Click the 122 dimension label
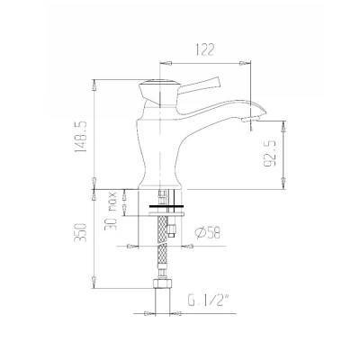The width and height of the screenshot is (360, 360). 205,49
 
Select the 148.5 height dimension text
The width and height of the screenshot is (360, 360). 81,137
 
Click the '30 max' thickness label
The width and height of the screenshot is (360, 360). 111,211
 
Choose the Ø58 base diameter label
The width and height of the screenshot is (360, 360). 207,233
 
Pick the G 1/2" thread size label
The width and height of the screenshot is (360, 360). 205,301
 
